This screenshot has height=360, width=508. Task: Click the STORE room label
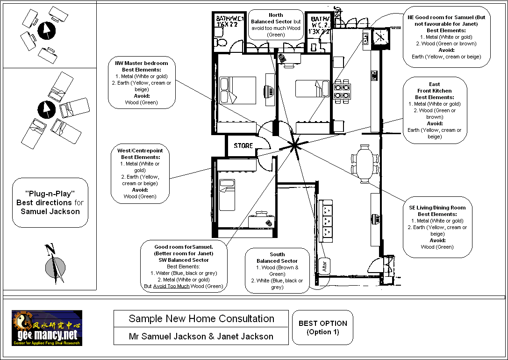[243, 145]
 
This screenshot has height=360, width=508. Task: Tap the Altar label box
[325, 266]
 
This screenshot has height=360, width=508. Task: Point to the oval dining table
[365, 163]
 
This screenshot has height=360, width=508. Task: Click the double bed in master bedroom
[238, 90]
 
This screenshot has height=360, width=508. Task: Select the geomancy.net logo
[47, 328]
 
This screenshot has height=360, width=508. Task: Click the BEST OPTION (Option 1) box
[323, 327]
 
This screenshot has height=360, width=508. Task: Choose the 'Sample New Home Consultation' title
[201, 319]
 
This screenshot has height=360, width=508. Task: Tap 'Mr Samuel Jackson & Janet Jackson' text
[201, 336]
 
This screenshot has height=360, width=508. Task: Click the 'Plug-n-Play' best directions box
[50, 202]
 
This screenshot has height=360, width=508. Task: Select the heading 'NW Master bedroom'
[142, 63]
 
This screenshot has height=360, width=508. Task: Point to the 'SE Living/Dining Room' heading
[437, 208]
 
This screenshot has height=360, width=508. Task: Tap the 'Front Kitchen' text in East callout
[434, 91]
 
